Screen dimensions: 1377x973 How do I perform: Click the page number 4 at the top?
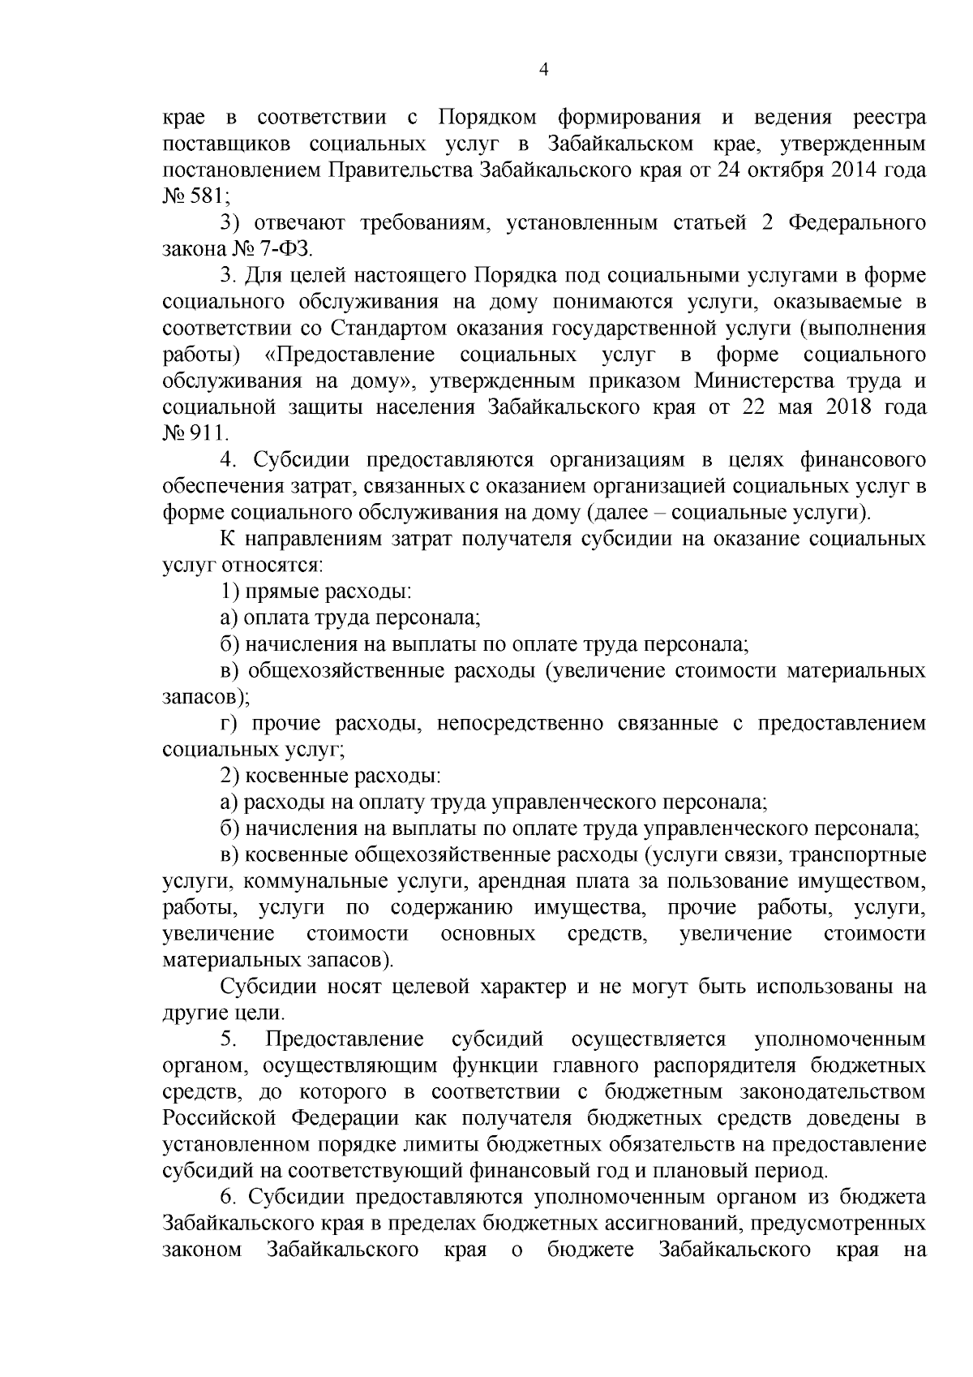click(x=544, y=71)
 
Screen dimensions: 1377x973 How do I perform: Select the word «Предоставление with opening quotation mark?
click(x=349, y=355)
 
